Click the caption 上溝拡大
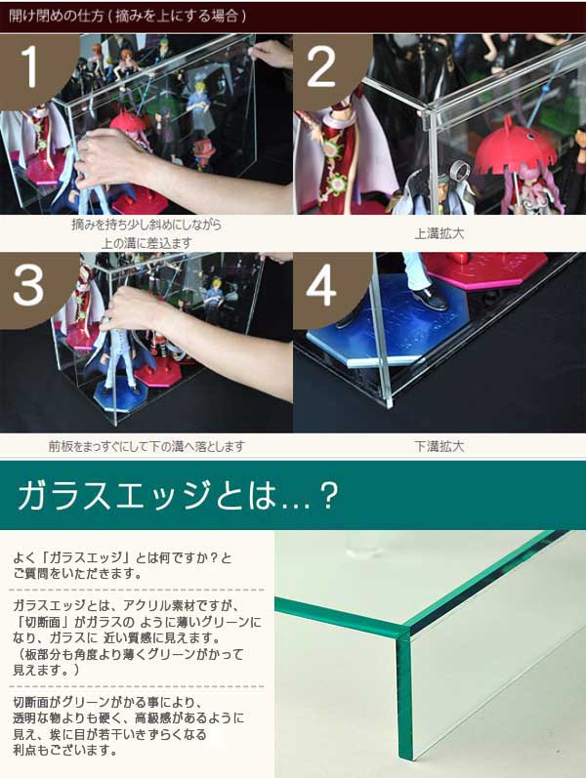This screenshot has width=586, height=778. pyautogui.click(x=439, y=233)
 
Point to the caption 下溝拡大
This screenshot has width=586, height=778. pyautogui.click(x=439, y=446)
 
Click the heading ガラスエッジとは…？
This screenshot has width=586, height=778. pyautogui.click(x=178, y=495)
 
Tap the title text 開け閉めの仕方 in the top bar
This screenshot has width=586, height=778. pyautogui.click(x=56, y=16)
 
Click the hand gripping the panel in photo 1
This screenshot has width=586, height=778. pyautogui.click(x=106, y=160)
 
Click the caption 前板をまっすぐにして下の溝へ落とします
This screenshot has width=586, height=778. pyautogui.click(x=146, y=446)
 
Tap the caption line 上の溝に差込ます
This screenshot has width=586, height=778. pyautogui.click(x=146, y=243)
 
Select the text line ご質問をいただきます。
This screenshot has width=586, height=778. pyautogui.click(x=77, y=574)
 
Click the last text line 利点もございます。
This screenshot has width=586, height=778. pyautogui.click(x=65, y=750)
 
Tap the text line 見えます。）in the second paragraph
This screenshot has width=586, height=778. pyautogui.click(x=46, y=670)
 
